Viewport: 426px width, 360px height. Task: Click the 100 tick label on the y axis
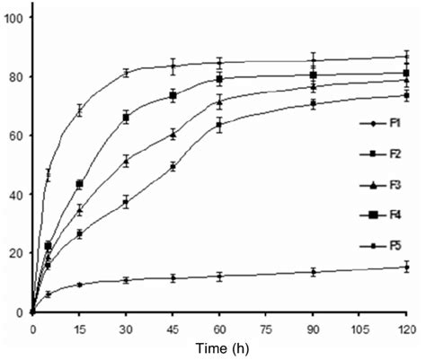coord(14,18)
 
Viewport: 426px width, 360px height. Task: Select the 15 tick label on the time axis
coord(79,329)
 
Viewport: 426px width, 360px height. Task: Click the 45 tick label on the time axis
coord(173,329)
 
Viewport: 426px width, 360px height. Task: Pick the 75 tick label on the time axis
coord(266,329)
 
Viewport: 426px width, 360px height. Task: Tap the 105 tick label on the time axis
coord(359,329)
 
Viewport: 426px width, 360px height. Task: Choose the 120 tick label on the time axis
coord(406,329)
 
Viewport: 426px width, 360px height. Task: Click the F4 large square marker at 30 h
coord(126,118)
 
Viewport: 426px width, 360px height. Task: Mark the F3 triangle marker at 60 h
coord(219,102)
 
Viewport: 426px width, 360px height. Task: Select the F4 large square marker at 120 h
coord(406,74)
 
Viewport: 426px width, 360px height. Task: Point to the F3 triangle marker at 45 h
coord(173,135)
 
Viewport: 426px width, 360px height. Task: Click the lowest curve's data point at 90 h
coord(313,272)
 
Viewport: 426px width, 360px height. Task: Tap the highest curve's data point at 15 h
coord(79,110)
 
